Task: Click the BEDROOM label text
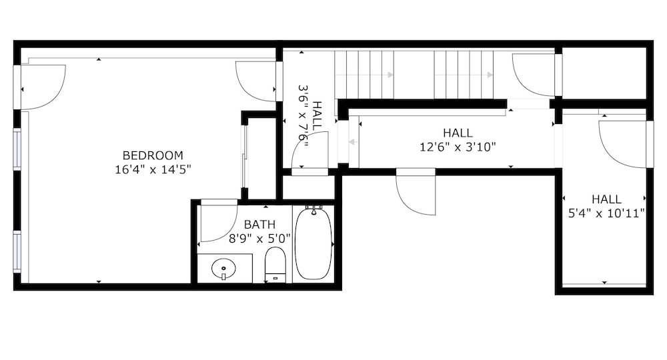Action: coord(153,155)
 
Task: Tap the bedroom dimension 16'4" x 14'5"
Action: coord(153,169)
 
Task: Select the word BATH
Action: coord(259,225)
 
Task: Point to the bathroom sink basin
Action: coord(223,269)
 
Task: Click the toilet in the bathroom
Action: coord(275,265)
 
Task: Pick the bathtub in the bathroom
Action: coord(313,243)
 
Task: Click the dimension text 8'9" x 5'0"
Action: coord(259,239)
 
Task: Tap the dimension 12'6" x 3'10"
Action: coord(458,147)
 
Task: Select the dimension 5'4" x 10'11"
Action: coord(606,213)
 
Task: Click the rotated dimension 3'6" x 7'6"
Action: coord(302,113)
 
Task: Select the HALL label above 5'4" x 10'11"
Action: coord(606,199)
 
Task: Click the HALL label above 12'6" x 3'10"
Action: coord(458,133)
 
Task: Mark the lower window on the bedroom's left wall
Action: coord(17,251)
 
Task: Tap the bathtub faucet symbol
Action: coord(313,209)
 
